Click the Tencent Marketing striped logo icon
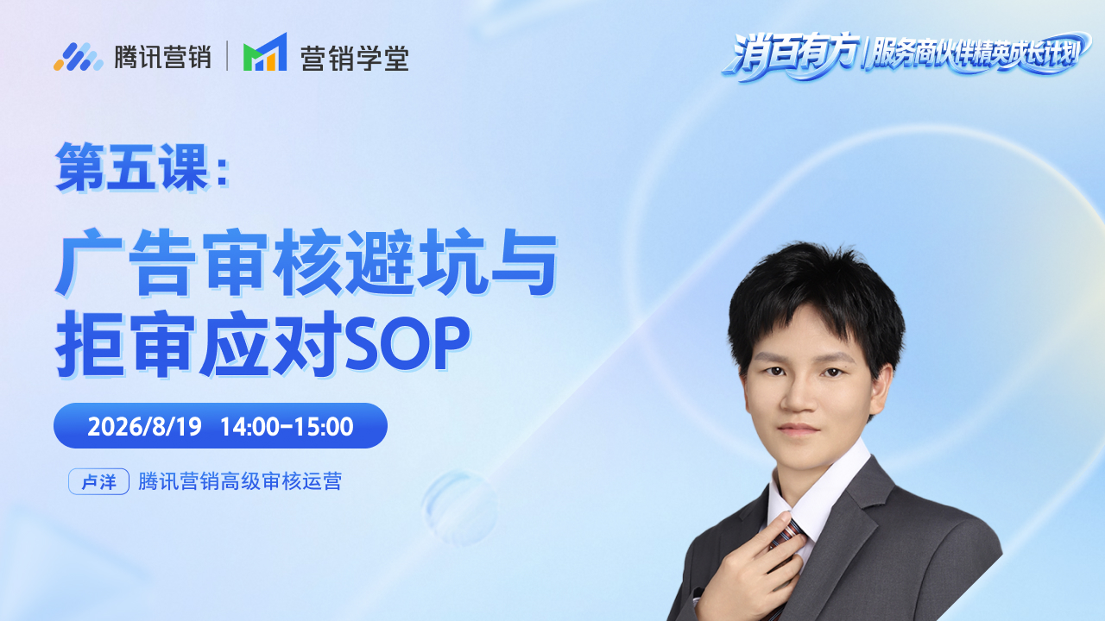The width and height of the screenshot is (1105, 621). point(79,57)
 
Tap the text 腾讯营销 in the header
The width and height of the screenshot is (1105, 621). point(163,57)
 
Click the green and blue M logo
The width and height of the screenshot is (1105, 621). point(265,53)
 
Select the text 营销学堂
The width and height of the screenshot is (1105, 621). point(355,58)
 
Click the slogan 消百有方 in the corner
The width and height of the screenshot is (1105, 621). point(792,54)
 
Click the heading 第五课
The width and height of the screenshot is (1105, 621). point(131,166)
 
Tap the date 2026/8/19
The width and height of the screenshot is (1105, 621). point(144,426)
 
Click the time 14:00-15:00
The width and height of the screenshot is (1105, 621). point(287,426)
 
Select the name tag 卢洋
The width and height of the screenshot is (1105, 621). point(98,481)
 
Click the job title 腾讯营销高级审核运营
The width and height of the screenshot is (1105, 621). point(240,481)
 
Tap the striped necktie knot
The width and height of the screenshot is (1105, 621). point(788,533)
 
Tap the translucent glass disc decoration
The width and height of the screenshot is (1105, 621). point(458,508)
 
